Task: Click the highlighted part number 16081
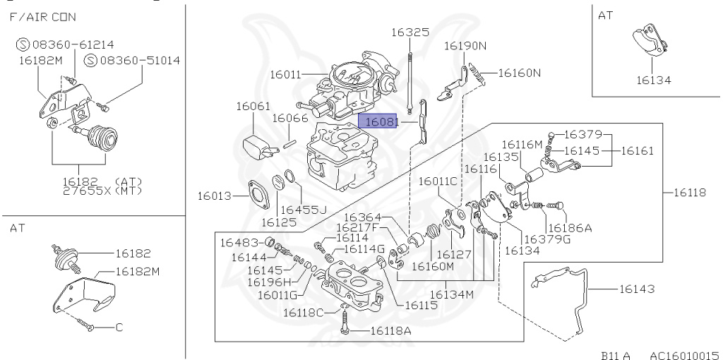(x=380, y=122)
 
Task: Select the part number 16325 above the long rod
(x=410, y=32)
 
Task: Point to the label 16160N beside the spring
(x=520, y=73)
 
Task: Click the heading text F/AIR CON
(x=43, y=16)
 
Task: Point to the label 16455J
(x=303, y=210)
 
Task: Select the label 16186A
(x=569, y=227)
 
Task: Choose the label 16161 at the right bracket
(x=641, y=151)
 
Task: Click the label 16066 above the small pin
(x=290, y=118)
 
